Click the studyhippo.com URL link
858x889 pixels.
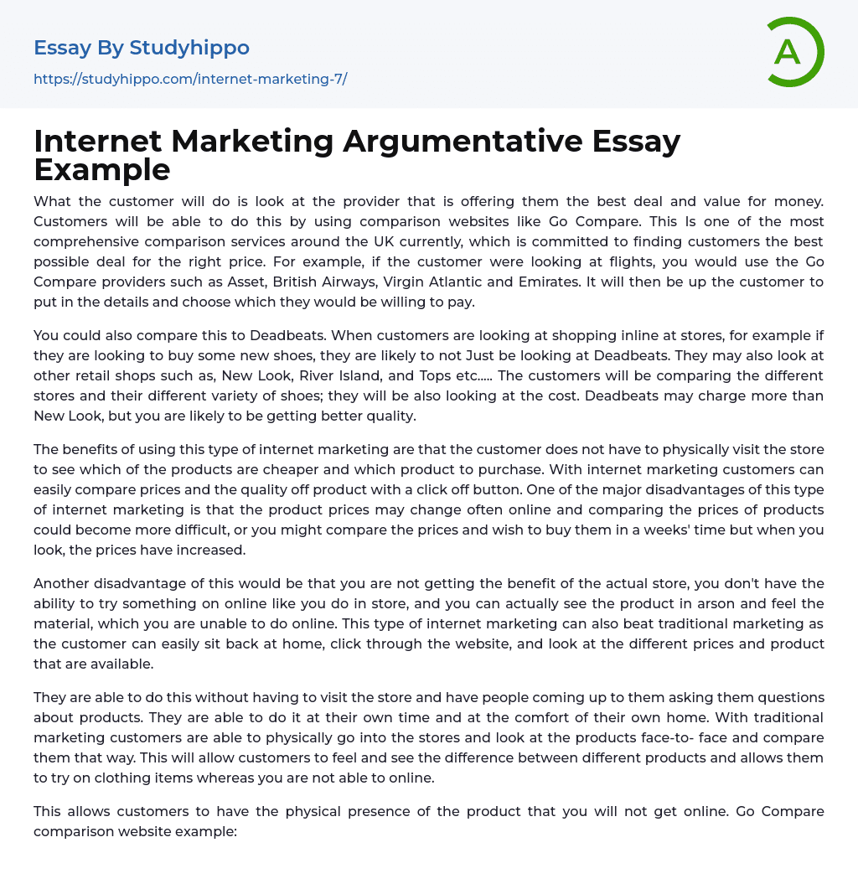coord(190,80)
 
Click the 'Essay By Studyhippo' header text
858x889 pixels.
coord(142,48)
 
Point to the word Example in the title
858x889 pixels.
coord(102,169)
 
